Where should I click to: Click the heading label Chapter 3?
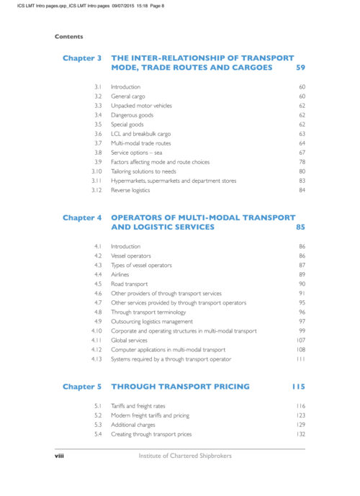click(x=82, y=57)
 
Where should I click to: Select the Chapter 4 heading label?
click(x=82, y=217)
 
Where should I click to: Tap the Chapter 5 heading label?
click(x=82, y=387)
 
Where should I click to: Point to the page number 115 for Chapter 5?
click(x=299, y=387)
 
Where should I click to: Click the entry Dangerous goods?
click(x=132, y=114)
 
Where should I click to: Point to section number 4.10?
click(x=96, y=330)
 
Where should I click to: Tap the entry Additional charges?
click(x=133, y=425)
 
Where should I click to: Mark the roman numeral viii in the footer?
click(x=60, y=456)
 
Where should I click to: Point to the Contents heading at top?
click(x=68, y=37)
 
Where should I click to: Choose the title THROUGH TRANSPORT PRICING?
click(x=181, y=387)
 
